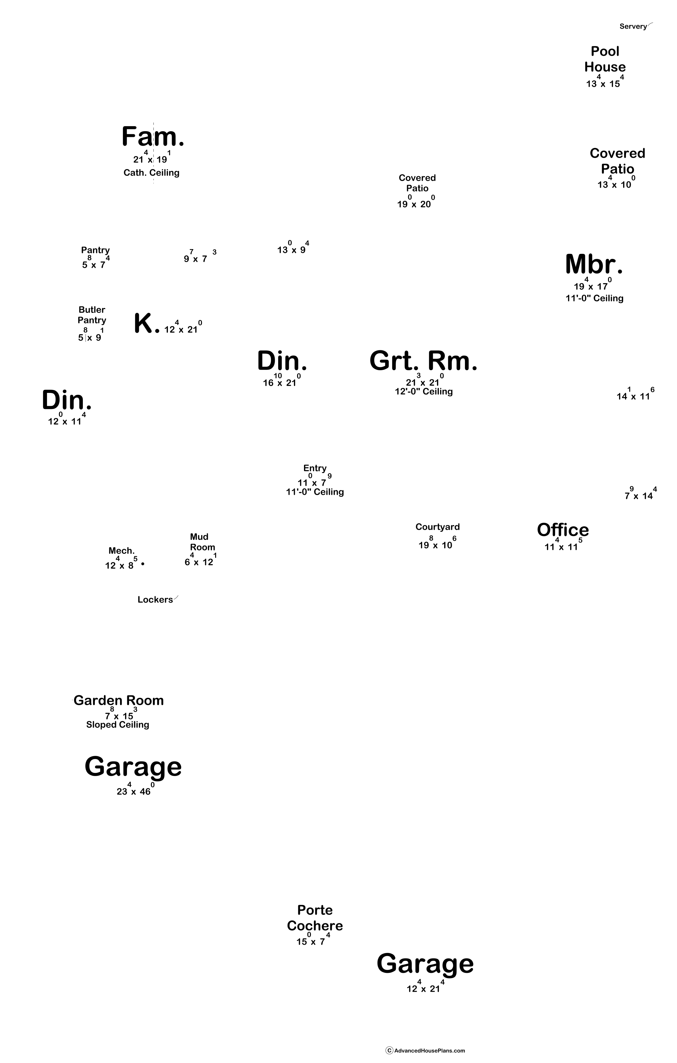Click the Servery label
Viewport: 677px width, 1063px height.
coord(633,26)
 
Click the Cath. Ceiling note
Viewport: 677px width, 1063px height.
coord(151,172)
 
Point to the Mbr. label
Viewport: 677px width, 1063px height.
coord(594,265)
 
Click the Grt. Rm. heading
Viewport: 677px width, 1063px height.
coord(423,361)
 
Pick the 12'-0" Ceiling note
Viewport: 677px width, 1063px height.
coord(424,392)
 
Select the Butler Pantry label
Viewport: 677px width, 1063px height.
coord(92,315)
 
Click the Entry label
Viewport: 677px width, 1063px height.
coord(315,468)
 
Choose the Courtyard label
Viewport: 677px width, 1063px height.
coord(438,527)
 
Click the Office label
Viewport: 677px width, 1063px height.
coord(563,530)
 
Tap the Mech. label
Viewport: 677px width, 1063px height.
coord(122,551)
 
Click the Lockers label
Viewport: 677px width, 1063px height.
coord(155,599)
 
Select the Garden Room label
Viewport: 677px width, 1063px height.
coord(119,701)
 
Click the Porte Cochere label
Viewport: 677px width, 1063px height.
coord(315,918)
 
